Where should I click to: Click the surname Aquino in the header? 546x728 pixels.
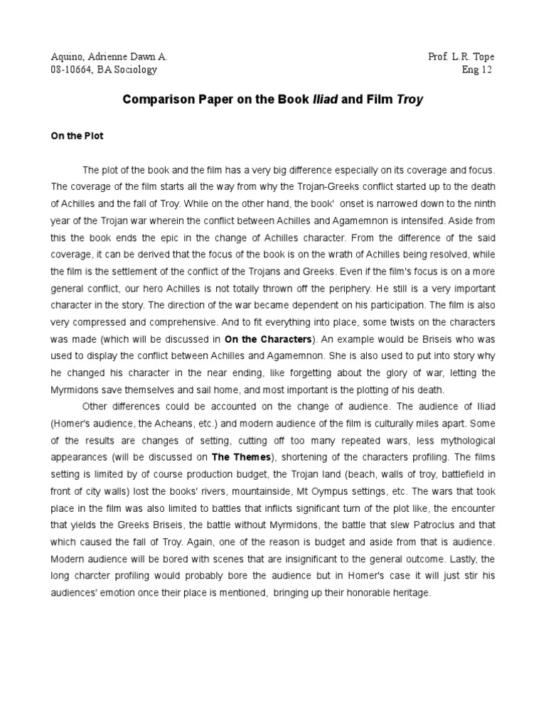(68, 57)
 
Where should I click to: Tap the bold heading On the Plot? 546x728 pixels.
(77, 136)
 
